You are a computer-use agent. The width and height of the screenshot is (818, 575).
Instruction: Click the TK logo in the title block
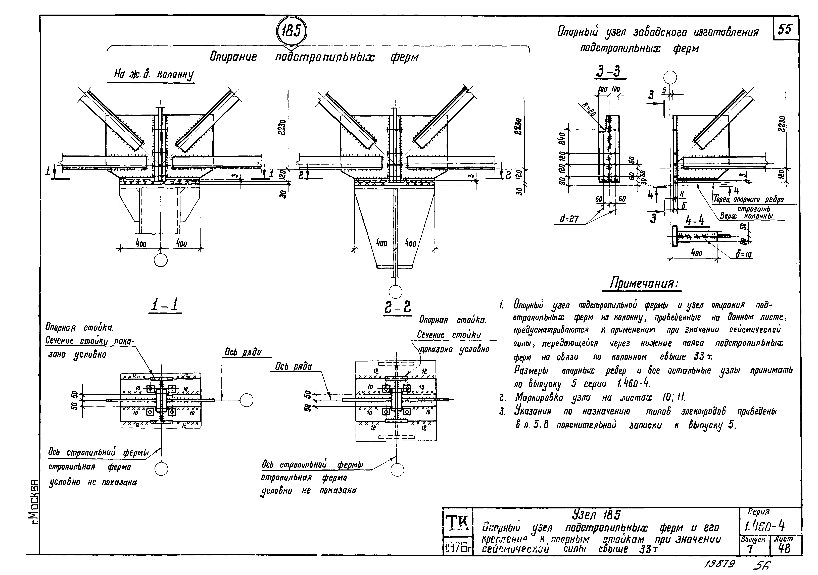click(x=457, y=524)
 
